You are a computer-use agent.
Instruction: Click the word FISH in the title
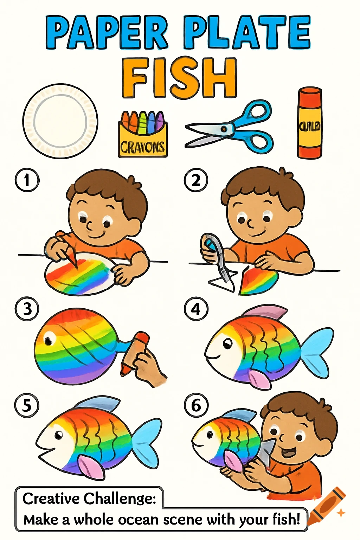179,78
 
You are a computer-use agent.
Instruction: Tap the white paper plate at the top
60,121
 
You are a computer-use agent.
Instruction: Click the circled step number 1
27,180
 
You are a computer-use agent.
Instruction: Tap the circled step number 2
196,180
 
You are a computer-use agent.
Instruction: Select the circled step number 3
27,309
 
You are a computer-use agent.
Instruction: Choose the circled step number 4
196,309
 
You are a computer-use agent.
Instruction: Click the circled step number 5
27,405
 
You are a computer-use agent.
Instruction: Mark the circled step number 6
196,405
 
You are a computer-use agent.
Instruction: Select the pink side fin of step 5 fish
90,466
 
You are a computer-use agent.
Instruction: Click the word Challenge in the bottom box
120,499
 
